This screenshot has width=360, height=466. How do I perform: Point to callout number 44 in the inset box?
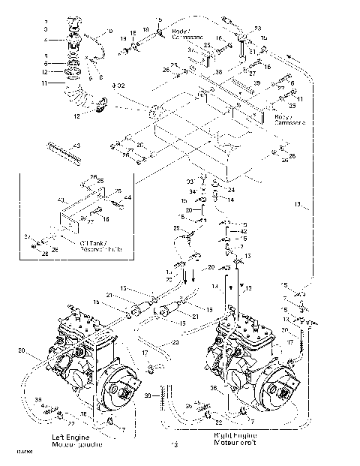(x=127, y=197)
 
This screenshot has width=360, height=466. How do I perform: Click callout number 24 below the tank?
(x=232, y=190)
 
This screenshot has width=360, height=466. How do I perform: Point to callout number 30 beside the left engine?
(x=147, y=395)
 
